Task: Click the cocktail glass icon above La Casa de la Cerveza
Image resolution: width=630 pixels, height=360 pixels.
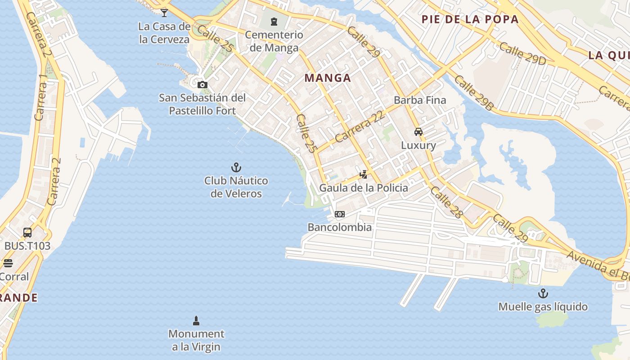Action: pos(164,13)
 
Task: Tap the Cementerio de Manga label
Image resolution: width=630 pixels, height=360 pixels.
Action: pos(274,41)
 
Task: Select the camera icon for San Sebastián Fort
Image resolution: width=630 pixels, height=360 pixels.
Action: pos(202,85)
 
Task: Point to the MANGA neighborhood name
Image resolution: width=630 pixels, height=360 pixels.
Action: pos(328,78)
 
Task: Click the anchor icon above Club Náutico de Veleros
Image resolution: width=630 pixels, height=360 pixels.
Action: pos(236,167)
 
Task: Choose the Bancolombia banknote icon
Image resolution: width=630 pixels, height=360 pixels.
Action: pos(340,214)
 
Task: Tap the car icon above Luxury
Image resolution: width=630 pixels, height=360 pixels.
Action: pos(418,132)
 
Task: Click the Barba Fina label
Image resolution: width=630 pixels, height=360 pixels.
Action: pos(420,100)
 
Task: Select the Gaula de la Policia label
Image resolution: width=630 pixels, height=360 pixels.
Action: pos(364,188)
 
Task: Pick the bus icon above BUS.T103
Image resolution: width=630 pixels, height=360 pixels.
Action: pos(27,233)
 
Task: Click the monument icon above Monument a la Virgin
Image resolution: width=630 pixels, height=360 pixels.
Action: pos(196,320)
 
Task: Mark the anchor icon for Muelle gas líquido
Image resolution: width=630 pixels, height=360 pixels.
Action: pos(543,293)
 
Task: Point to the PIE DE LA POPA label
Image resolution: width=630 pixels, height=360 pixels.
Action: pos(470,19)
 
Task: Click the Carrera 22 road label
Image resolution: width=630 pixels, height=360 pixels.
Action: pos(360,127)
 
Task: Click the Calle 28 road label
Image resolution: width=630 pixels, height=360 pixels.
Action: pos(446,202)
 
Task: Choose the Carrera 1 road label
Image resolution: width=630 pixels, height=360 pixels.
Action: pos(40,97)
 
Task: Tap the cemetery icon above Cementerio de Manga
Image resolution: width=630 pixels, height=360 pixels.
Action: pos(274,21)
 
